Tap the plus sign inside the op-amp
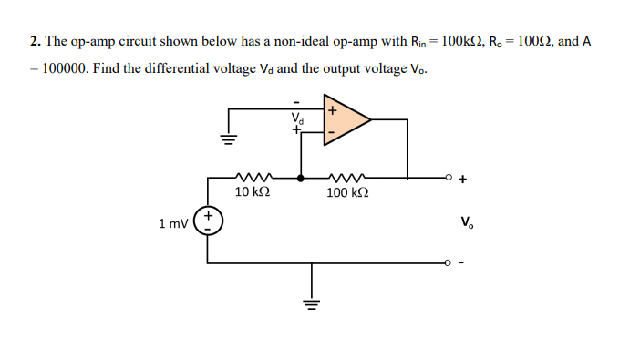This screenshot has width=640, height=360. tap(332, 109)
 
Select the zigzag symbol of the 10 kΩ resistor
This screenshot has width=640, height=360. tap(250, 177)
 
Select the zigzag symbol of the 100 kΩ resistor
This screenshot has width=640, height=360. tap(346, 177)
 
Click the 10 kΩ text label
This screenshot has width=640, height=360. tap(252, 193)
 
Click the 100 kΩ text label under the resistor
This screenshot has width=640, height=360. tap(347, 193)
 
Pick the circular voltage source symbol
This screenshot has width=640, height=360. tap(208, 221)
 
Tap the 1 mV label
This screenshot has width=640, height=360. tap(172, 222)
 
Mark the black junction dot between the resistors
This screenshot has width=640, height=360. tap(301, 177)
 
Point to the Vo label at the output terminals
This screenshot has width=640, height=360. tap(467, 221)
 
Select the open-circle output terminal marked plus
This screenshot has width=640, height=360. tap(448, 177)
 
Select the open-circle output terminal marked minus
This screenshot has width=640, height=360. tap(448, 264)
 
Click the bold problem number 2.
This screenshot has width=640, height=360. tap(34, 42)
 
